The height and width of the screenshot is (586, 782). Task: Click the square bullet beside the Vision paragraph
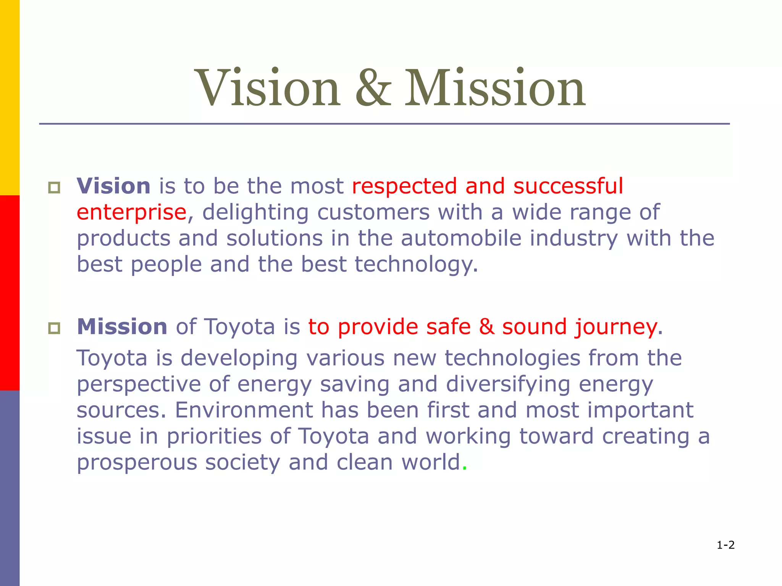pyautogui.click(x=54, y=187)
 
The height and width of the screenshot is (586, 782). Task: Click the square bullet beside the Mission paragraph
pyautogui.click(x=54, y=328)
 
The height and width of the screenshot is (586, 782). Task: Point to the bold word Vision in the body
pyautogui.click(x=113, y=186)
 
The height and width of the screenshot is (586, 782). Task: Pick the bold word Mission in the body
pyautogui.click(x=122, y=327)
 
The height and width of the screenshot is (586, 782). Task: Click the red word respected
pyautogui.click(x=404, y=187)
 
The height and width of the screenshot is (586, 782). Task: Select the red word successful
pyautogui.click(x=568, y=186)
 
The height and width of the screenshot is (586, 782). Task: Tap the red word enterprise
pyautogui.click(x=131, y=213)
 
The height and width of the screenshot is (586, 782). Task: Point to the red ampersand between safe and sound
pyautogui.click(x=486, y=327)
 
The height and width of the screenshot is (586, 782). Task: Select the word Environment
pyautogui.click(x=244, y=410)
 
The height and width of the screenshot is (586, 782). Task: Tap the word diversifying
pyautogui.click(x=508, y=385)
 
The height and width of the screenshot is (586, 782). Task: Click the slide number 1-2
pyautogui.click(x=725, y=545)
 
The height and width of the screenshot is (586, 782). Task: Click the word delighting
pyautogui.click(x=255, y=213)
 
